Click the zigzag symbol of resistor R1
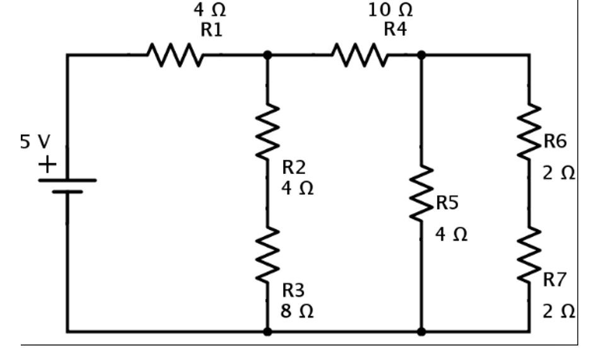pos(175,55)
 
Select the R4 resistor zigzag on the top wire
pos(359,55)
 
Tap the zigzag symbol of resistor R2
pos(267,132)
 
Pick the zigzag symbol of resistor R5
pos(421,194)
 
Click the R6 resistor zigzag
pos(528,132)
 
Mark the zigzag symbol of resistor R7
pos(528,255)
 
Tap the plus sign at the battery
pos(47,165)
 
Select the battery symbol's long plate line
pos(67,180)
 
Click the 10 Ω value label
pos(391,10)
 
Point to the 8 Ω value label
pos(297,311)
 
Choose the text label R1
pos(211,30)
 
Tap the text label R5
pos(447,203)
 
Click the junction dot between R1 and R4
pos(267,55)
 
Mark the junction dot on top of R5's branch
pos(421,55)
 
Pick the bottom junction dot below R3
pos(267,331)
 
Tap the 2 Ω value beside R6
pos(559,173)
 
